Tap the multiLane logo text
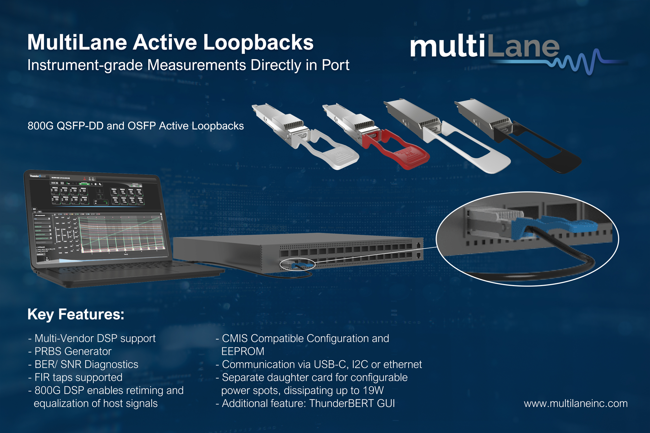[x=484, y=47]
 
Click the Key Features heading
[x=76, y=314]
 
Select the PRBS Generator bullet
[x=73, y=351]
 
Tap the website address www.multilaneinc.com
[x=576, y=404]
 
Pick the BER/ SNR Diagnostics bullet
[x=86, y=364]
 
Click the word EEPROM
[x=243, y=351]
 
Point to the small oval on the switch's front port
[x=298, y=265]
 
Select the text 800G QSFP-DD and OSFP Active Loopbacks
[x=135, y=126]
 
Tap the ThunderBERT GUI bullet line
[x=308, y=404]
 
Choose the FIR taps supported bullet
[x=78, y=377]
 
